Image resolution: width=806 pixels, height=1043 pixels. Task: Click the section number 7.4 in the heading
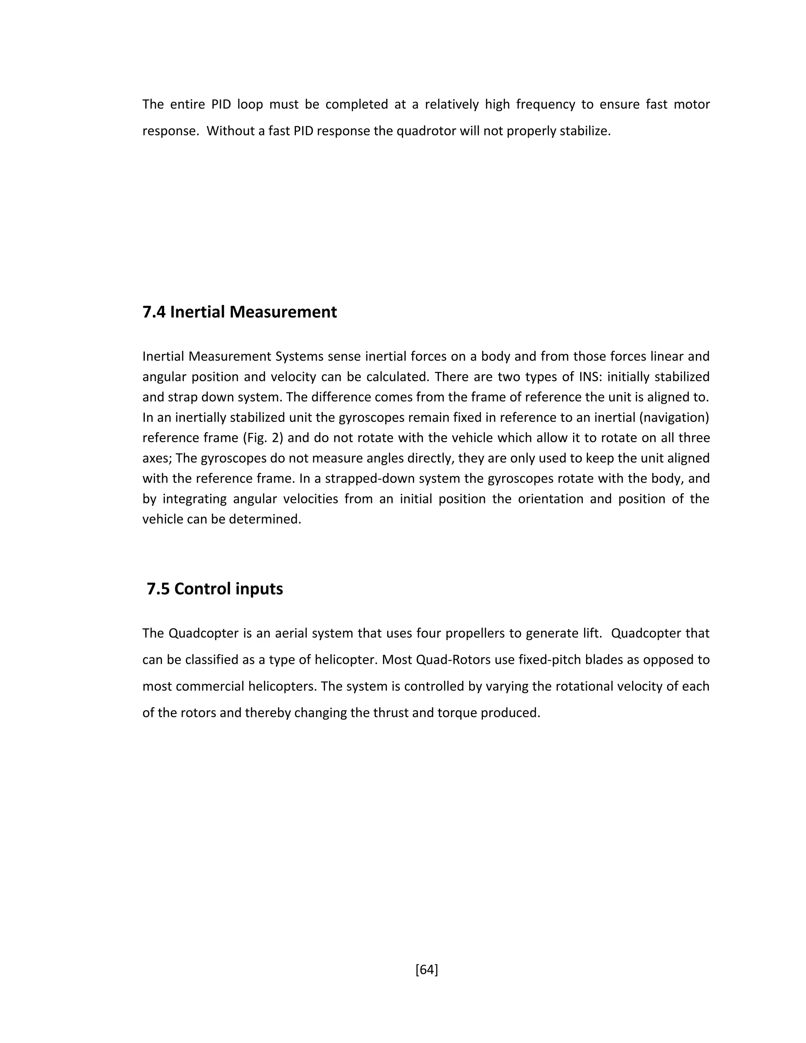coord(154,312)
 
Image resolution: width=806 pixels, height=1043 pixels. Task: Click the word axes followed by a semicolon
coord(157,459)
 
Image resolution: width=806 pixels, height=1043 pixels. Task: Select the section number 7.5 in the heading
coord(158,589)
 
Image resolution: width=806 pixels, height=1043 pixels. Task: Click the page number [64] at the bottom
coord(426,969)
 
